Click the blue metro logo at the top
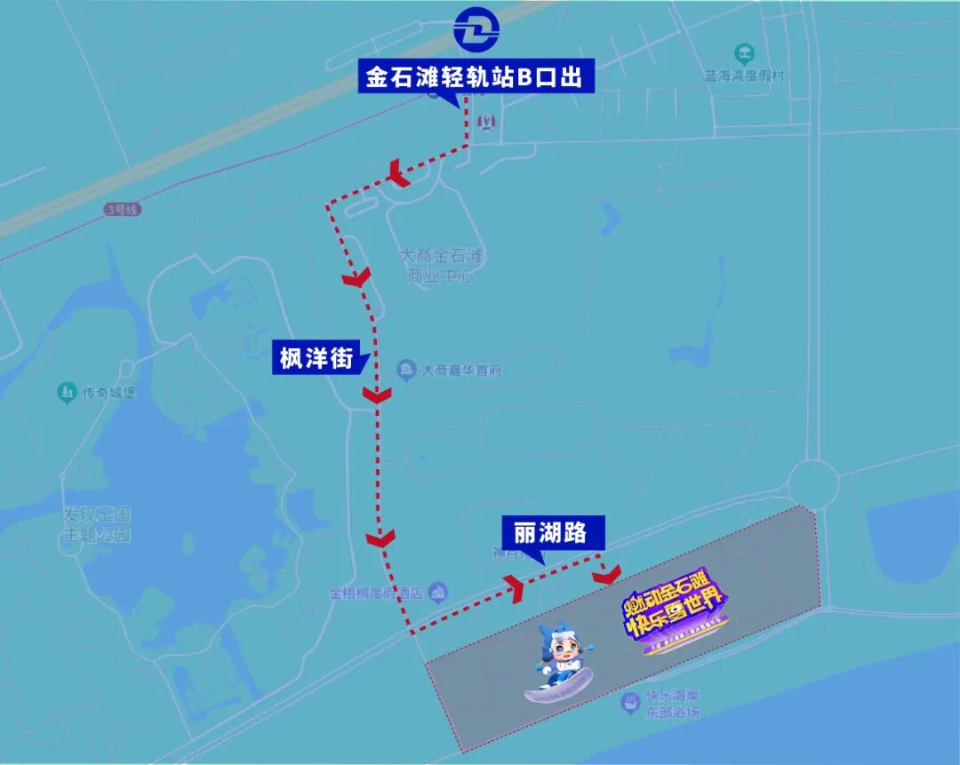pyautogui.click(x=476, y=31)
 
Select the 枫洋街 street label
pyautogui.click(x=316, y=358)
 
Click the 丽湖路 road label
pyautogui.click(x=551, y=532)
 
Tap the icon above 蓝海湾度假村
pyautogui.click(x=745, y=53)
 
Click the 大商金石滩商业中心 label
pyautogui.click(x=442, y=266)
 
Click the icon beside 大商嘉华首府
pyautogui.click(x=406, y=368)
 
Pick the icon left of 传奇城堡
pyautogui.click(x=66, y=392)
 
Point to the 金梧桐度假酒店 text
pyautogui.click(x=376, y=593)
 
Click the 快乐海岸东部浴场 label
pyautogui.click(x=672, y=704)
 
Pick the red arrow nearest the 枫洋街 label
pyautogui.click(x=378, y=394)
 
